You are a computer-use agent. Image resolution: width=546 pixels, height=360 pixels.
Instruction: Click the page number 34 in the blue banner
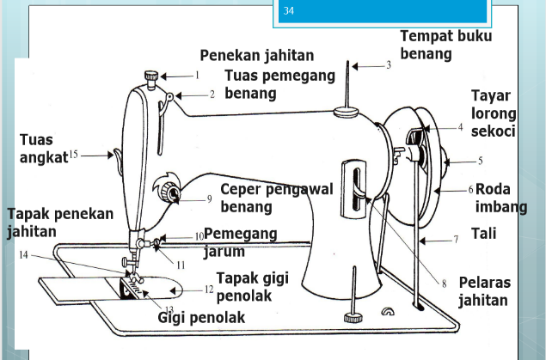click(x=288, y=10)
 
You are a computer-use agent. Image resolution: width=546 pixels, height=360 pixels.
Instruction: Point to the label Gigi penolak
click(x=201, y=318)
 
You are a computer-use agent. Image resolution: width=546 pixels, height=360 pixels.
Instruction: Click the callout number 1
click(x=197, y=75)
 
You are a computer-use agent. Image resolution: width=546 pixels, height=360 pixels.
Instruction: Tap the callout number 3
click(x=388, y=65)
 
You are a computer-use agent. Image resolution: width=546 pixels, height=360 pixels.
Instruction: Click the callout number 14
click(x=23, y=255)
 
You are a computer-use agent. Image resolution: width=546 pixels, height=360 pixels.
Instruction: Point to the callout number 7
click(x=457, y=240)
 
